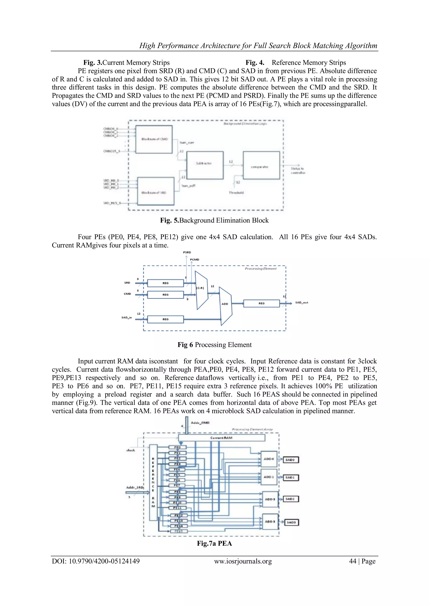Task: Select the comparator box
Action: [261, 166]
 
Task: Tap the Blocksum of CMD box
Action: [154, 139]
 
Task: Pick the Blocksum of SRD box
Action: [156, 191]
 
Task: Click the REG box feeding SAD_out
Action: [261, 304]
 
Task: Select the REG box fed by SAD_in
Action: [165, 319]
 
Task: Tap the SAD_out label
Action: [301, 303]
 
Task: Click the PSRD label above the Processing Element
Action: [187, 253]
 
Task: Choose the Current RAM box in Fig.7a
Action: [221, 438]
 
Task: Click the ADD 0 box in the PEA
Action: [269, 459]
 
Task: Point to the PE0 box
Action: [177, 447]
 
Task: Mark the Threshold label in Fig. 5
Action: [236, 193]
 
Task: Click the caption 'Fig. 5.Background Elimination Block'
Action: [214, 220]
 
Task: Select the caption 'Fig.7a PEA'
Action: [214, 543]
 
